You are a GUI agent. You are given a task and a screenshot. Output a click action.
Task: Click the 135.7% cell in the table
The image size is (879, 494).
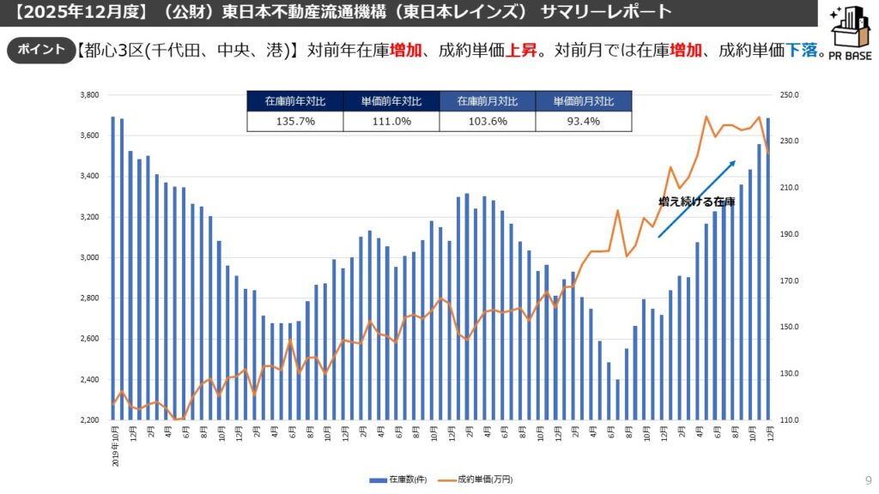294,122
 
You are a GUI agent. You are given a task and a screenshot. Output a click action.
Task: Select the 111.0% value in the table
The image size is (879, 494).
391,122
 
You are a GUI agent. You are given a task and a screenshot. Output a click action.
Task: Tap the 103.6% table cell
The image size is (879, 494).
487,122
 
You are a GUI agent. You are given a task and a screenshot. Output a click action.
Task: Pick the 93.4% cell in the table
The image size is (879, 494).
583,122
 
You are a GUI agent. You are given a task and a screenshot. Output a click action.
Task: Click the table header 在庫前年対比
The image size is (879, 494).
294,101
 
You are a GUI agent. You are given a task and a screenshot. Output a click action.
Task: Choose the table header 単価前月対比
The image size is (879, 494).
583,101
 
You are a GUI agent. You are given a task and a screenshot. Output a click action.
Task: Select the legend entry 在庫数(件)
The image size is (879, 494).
400,479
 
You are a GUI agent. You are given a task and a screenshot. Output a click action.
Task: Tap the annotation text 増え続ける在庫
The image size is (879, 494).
696,201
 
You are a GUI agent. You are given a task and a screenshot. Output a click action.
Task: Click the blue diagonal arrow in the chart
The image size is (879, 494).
697,198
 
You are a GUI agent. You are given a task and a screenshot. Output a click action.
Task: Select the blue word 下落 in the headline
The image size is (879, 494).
801,50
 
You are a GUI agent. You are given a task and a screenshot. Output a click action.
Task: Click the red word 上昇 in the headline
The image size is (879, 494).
522,50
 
